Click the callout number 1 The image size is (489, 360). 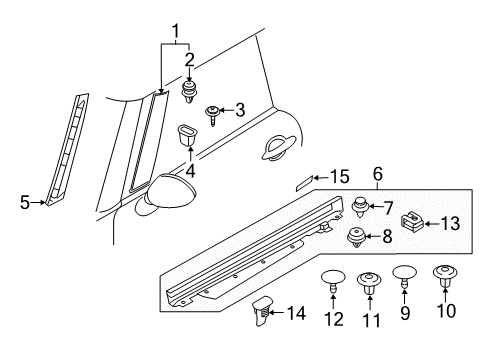click(176, 32)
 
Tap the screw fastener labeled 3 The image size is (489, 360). click(213, 112)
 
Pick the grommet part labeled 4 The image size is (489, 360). click(187, 134)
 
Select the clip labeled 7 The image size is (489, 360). click(359, 208)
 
